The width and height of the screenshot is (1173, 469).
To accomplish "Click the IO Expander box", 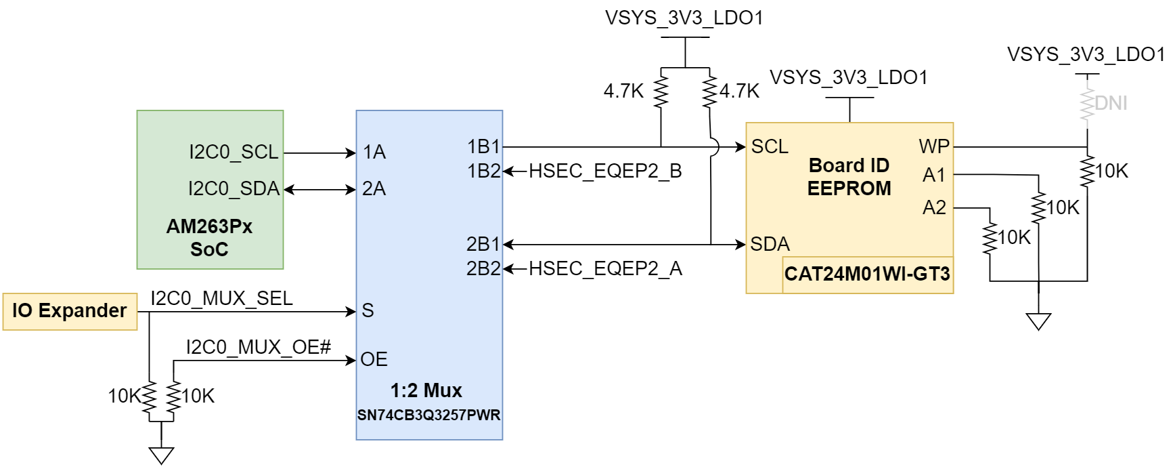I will [x=70, y=311].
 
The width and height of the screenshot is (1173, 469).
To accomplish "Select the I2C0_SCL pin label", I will [x=234, y=152].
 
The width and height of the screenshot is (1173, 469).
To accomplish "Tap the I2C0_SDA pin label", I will [x=234, y=188].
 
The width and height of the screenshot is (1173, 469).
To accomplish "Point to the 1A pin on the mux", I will [x=374, y=152].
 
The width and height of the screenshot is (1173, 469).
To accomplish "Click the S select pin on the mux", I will [x=368, y=310].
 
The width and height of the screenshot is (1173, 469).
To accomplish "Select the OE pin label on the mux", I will [x=374, y=359].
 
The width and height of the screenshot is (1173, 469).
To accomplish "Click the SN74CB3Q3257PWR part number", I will [x=428, y=415].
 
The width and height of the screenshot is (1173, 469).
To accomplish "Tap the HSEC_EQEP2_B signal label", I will [x=604, y=171].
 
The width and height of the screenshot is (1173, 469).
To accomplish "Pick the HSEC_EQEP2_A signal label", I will [x=604, y=269].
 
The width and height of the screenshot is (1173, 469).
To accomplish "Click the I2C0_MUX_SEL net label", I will [x=221, y=298].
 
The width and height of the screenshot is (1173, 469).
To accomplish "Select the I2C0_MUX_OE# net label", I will [x=259, y=347].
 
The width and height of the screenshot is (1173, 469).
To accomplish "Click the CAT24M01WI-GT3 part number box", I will [x=867, y=274].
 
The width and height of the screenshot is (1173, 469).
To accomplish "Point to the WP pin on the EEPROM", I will [x=934, y=146].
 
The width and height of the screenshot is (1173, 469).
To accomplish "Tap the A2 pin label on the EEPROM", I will [x=934, y=207].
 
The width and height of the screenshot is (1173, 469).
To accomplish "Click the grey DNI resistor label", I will [x=1111, y=103].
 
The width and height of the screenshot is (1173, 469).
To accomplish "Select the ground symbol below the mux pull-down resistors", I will [x=161, y=455].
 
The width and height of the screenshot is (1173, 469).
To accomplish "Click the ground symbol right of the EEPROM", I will [x=1038, y=321].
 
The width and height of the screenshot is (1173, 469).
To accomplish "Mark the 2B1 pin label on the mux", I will [x=483, y=244].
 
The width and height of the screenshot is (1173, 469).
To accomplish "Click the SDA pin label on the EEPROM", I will [x=770, y=244].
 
